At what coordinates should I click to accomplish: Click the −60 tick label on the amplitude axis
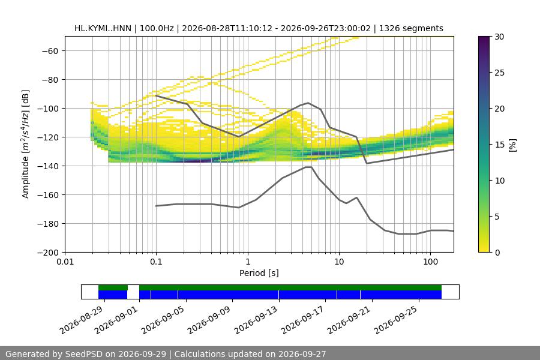click(x=50, y=51)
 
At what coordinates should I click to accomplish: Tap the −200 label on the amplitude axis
click(x=48, y=253)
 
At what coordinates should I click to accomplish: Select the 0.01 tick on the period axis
click(x=65, y=262)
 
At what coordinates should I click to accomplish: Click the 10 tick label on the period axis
click(x=339, y=262)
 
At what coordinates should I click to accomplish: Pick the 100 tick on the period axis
click(x=430, y=262)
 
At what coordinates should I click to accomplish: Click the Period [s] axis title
click(x=259, y=273)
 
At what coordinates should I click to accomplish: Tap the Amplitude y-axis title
click(x=25, y=144)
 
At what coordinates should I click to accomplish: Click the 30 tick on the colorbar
click(x=499, y=37)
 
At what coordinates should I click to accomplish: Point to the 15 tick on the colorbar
click(x=499, y=145)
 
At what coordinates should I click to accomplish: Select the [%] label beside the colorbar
click(x=513, y=145)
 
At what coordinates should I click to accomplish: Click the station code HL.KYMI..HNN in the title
click(x=103, y=28)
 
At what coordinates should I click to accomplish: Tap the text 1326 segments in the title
click(x=411, y=28)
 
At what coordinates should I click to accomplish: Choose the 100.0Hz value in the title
click(x=157, y=28)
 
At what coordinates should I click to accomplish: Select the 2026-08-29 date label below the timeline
click(x=82, y=320)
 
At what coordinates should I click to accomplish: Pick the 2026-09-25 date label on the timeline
click(x=396, y=320)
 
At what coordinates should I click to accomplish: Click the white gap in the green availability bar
click(x=133, y=287)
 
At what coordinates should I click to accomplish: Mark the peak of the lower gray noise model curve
click(x=308, y=167)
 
